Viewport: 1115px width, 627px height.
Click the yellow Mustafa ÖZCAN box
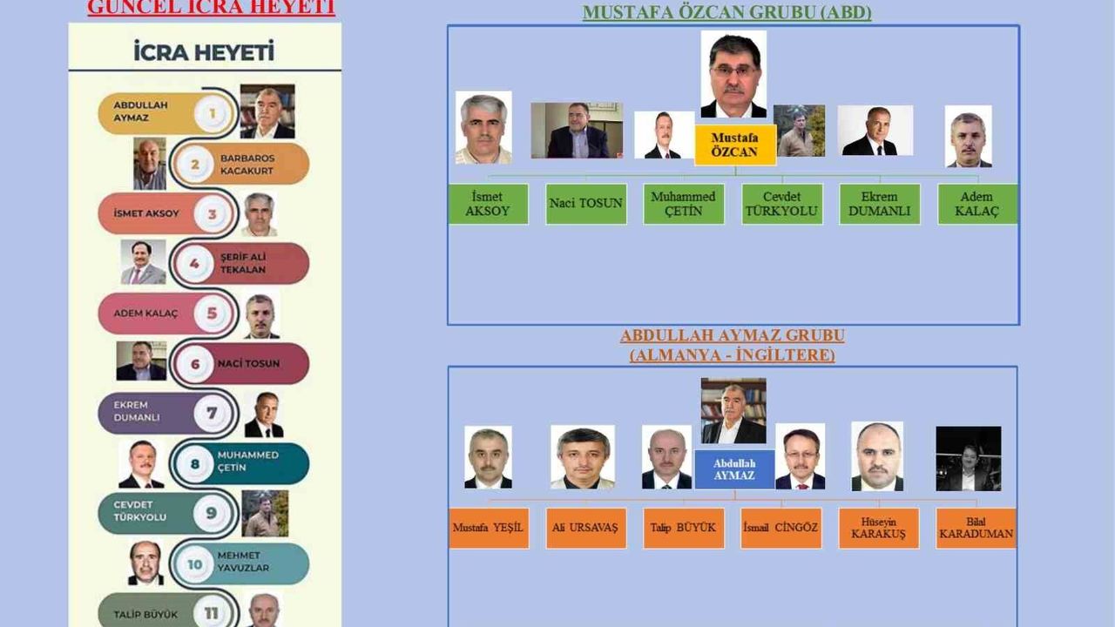pos(734,145)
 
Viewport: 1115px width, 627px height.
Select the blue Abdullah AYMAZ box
pos(734,469)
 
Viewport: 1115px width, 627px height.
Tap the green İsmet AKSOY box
pos(488,204)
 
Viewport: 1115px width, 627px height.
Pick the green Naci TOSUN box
pos(586,204)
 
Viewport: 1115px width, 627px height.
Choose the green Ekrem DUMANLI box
pos(880,204)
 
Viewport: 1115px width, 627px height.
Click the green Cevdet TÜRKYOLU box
pos(781,204)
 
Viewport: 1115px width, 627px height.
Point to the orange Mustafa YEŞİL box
pos(488,528)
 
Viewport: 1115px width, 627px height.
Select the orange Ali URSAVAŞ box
pos(585,528)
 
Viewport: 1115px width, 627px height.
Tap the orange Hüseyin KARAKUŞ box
pos(878,528)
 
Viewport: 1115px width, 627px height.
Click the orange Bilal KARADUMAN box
pos(976,528)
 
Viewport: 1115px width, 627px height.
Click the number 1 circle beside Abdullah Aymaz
pos(211,112)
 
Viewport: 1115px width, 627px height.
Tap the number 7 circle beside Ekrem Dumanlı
pos(212,412)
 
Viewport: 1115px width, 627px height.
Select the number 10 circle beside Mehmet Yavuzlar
pos(194,564)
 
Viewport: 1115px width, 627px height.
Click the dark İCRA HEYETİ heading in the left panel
pos(204,52)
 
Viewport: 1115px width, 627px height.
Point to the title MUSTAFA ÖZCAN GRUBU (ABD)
pos(726,12)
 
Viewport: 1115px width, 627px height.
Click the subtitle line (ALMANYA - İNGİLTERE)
pos(732,355)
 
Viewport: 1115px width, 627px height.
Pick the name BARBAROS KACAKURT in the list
pos(248,165)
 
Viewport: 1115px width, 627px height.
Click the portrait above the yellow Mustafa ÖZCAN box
pos(733,75)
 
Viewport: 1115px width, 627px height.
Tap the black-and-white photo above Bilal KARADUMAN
pos(968,458)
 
